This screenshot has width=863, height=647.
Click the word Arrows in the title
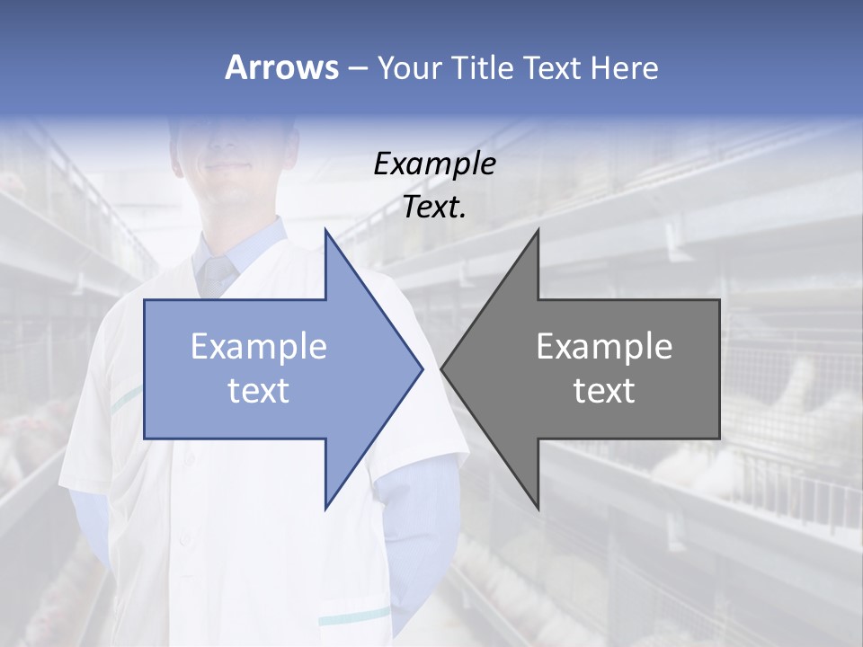pos(280,67)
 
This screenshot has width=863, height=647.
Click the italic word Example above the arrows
pos(434,164)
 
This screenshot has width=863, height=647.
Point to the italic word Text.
pos(434,207)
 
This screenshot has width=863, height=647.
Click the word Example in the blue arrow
pos(259,347)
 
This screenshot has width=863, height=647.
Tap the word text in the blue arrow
pos(259,391)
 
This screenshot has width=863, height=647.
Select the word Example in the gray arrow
pos(604,347)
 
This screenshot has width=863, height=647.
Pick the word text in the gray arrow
pos(604,391)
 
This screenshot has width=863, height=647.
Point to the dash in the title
pos(356,68)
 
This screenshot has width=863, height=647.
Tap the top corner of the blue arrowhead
pos(325,230)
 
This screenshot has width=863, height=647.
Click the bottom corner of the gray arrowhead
pos(538,508)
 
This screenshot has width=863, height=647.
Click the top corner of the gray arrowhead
pos(538,230)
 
